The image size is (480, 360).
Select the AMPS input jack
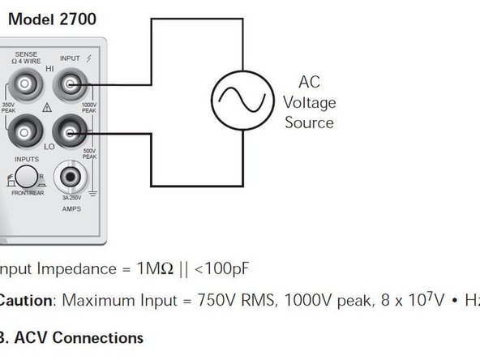tap(67, 176)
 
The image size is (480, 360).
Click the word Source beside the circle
tap(309, 123)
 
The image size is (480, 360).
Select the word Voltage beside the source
tap(309, 102)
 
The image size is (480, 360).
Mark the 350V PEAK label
tap(8, 107)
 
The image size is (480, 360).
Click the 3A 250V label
tap(67, 198)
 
